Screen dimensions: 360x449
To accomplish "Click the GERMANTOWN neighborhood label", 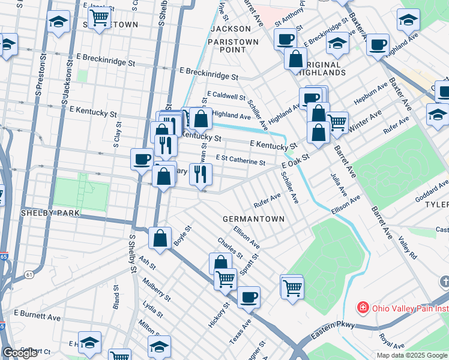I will click(x=253, y=219).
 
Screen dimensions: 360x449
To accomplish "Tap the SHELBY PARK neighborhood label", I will click(x=46, y=213).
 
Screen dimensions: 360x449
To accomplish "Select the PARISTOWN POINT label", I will click(x=233, y=46).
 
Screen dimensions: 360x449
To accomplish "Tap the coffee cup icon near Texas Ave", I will click(x=249, y=297).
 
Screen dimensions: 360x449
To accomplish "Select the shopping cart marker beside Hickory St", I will click(x=226, y=278).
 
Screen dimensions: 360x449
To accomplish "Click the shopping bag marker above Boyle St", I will click(x=160, y=238).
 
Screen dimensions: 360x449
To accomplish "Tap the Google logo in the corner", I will click(x=20, y=353).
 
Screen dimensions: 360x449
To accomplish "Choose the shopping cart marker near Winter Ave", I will click(x=337, y=122).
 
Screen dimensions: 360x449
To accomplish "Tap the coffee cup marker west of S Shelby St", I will click(x=142, y=159).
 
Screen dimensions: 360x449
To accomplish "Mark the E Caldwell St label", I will click(x=226, y=96).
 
